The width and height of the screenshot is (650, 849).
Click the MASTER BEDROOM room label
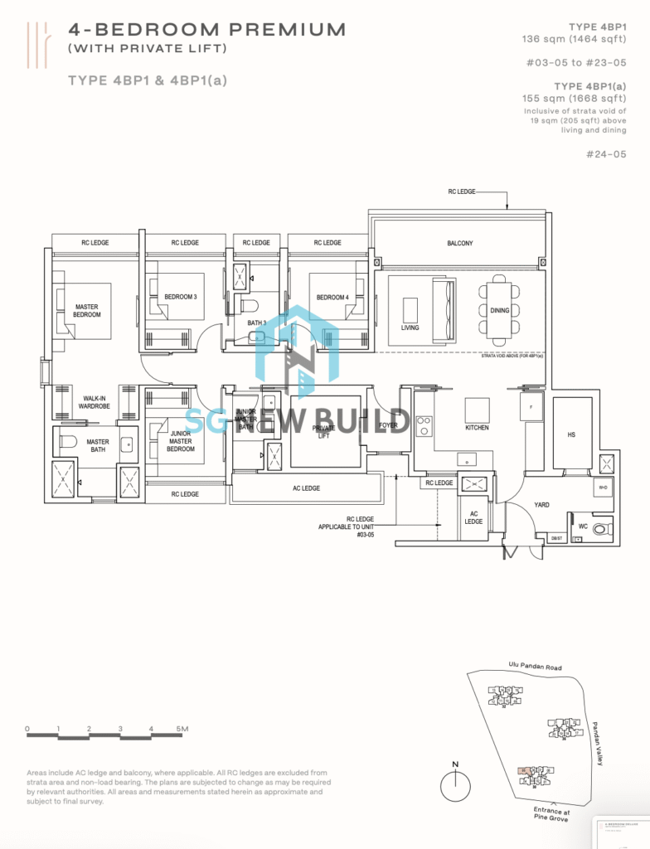click(x=86, y=311)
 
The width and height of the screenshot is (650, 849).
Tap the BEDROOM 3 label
click(x=180, y=296)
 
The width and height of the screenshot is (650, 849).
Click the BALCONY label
click(x=460, y=243)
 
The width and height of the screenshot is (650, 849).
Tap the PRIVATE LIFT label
click(x=323, y=432)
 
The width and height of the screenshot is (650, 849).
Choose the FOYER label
click(x=388, y=425)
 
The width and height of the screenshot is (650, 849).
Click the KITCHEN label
click(x=477, y=428)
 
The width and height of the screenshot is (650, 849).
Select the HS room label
click(x=571, y=434)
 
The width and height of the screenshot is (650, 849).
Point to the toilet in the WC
click(x=600, y=528)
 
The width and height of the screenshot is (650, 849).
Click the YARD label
click(x=541, y=504)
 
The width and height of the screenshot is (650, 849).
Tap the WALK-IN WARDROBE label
click(x=97, y=402)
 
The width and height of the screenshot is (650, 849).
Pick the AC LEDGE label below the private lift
click(x=305, y=488)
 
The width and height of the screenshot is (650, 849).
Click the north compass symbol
click(x=454, y=783)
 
